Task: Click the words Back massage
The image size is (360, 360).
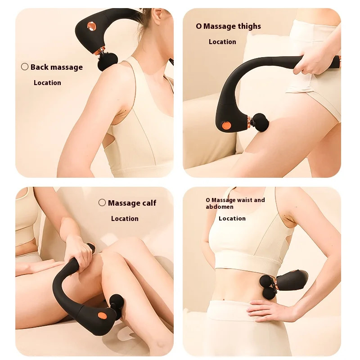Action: pos(57,67)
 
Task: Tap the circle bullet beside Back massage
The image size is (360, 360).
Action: pos(25,67)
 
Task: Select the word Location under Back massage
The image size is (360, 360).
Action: pos(47,83)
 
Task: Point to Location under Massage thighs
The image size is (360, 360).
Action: pos(222,42)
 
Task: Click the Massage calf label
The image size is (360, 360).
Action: pos(132,203)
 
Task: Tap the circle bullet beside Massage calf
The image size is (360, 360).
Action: pos(102,202)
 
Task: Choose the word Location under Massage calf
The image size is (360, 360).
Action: pos(125,219)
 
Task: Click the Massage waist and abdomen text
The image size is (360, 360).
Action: pos(235,203)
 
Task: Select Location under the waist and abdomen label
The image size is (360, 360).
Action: pos(232,219)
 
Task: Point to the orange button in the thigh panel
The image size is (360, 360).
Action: pos(227,126)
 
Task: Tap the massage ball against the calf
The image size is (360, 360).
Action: pos(116,303)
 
